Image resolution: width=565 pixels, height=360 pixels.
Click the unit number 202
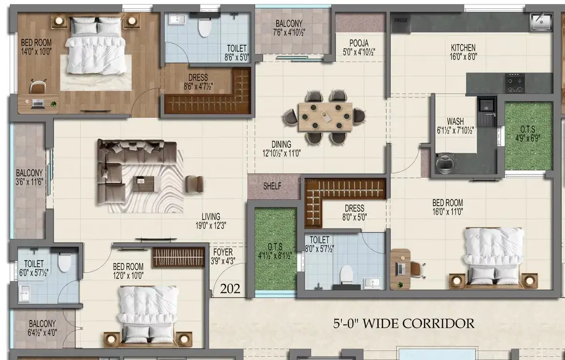(230, 289)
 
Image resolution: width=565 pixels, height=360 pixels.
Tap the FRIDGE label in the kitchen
(401, 20)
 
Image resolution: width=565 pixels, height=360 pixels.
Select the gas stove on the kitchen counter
(514, 83)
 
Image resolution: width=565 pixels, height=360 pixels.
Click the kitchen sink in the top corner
(541, 21)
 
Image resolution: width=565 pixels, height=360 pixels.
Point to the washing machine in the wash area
(445, 163)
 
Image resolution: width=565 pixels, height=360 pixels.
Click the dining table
(325, 117)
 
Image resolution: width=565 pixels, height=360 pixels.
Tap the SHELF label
(272, 186)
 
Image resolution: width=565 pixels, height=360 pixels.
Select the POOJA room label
(359, 43)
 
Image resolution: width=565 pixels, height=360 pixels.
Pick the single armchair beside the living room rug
(194, 184)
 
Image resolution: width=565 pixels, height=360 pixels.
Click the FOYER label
(223, 252)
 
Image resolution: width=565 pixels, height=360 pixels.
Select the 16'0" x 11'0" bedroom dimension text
(448, 211)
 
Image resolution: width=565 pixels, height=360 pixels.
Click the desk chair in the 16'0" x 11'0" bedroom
(417, 269)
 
